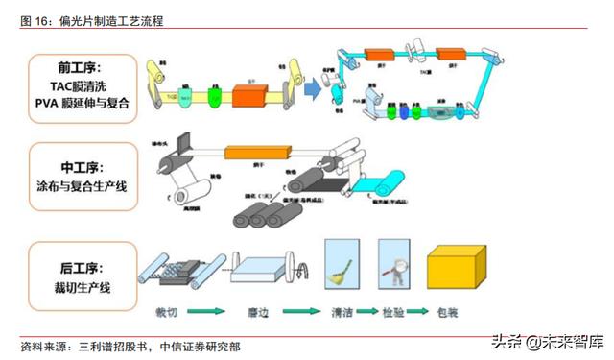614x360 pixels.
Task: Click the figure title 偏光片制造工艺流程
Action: point(108,20)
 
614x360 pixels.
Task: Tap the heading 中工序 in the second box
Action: point(80,163)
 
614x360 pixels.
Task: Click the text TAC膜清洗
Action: point(80,84)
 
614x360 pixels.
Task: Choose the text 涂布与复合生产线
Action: point(80,182)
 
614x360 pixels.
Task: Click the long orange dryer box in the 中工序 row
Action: point(256,151)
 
